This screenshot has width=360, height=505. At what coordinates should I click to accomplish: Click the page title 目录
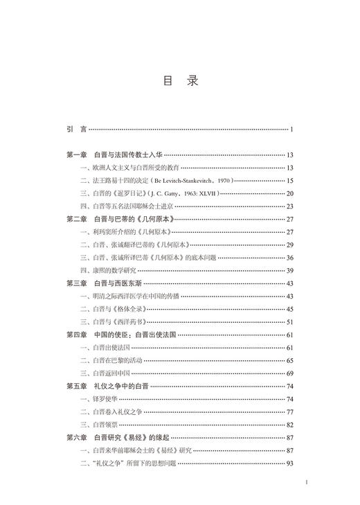tap(180, 81)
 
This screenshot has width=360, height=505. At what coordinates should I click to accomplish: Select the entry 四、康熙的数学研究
tap(111, 270)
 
